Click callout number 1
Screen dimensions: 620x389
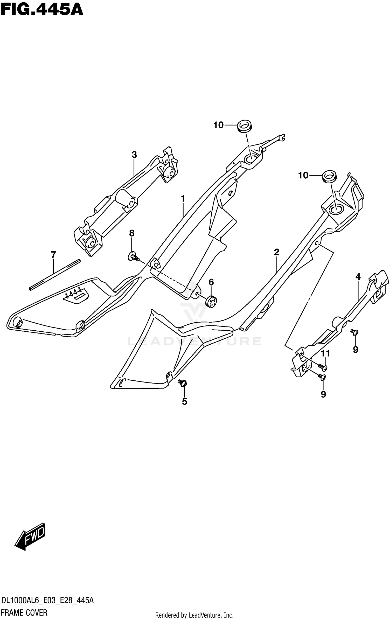click(x=183, y=199)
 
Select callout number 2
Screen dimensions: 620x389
click(x=276, y=252)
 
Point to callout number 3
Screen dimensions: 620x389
click(x=134, y=155)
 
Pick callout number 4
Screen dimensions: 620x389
click(x=358, y=277)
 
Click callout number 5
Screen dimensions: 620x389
click(x=184, y=401)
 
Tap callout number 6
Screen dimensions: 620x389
click(x=211, y=282)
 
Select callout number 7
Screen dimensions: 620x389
click(x=53, y=255)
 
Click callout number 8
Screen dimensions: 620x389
click(x=132, y=233)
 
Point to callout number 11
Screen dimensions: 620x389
click(x=325, y=353)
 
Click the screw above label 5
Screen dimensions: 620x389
click(x=183, y=382)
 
